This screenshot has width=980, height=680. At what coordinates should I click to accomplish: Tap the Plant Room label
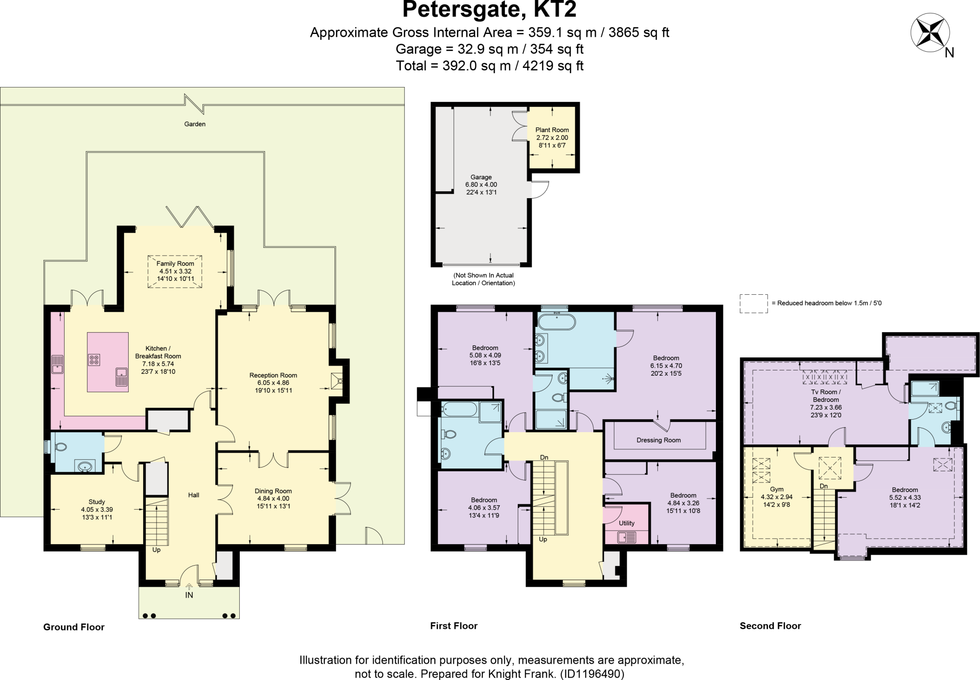pos(552,130)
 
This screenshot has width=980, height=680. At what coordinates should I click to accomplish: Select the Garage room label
pos(481,178)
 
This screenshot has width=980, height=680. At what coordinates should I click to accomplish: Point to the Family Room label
pos(175,264)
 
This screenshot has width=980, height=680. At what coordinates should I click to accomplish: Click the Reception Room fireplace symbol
pos(338,381)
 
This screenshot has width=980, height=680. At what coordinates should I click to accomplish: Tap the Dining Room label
pos(273,491)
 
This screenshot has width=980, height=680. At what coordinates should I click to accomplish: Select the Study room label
pos(97,502)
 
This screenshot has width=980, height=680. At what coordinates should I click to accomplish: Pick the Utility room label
pos(626,523)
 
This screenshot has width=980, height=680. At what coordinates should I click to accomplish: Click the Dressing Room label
pos(658,440)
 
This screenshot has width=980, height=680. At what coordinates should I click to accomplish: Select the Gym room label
pos(777,490)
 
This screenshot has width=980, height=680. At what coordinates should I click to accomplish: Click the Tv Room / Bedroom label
pos(825,396)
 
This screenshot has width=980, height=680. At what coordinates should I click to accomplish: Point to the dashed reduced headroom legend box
pos(753,303)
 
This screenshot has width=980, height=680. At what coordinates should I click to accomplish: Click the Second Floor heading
pos(770,626)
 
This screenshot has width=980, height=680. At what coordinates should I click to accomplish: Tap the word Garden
pos(195,124)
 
